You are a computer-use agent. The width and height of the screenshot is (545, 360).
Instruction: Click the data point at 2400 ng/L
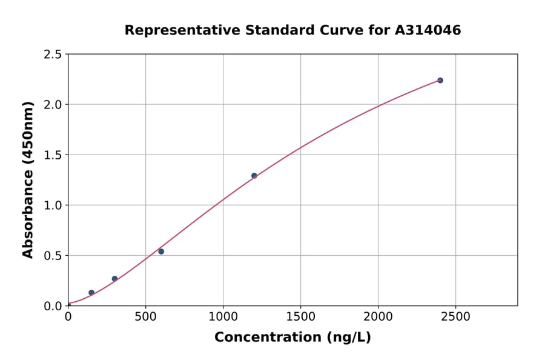pos(440,81)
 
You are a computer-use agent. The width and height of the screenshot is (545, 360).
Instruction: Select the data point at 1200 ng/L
pos(254,176)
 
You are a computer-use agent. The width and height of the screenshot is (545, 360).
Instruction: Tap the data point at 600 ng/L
pos(161,252)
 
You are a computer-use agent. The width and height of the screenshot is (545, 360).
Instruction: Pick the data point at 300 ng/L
pos(114,279)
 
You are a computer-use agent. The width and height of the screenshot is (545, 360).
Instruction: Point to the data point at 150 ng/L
pos(91,293)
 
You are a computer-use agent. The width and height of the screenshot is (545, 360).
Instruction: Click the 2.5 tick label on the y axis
pos(53,55)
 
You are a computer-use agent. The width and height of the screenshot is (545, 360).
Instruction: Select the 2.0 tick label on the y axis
pos(53,105)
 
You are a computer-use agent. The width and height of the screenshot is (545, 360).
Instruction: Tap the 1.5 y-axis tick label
pos(53,155)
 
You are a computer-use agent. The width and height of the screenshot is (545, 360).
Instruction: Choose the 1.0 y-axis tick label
pos(53,205)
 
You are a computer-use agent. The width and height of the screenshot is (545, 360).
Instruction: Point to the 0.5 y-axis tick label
pos(53,256)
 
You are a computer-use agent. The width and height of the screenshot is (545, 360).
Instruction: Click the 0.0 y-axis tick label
pos(53,306)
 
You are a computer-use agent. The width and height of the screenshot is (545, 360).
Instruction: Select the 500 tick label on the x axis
pos(145,317)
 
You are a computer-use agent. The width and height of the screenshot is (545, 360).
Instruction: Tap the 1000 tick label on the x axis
pos(223,317)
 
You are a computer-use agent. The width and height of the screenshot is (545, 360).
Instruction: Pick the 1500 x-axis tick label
pos(300,317)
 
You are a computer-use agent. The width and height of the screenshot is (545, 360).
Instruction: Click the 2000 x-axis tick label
pos(378,317)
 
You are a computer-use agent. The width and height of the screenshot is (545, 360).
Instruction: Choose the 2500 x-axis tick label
pos(456,317)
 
